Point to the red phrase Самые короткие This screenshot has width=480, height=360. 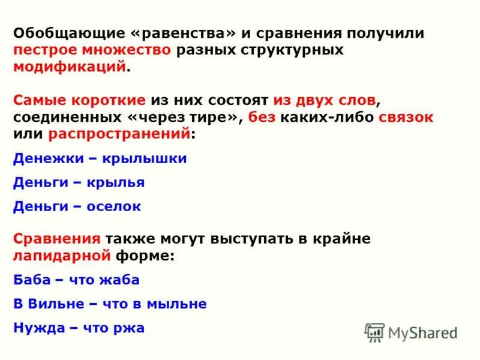[79, 100]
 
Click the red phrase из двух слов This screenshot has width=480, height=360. [325, 100]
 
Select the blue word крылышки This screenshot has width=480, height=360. [145, 158]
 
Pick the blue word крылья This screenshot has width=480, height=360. [116, 182]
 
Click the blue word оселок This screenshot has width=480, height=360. [114, 206]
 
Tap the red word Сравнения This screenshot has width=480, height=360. [56, 238]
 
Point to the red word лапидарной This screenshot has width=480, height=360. [62, 255]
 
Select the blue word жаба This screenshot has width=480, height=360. [119, 280]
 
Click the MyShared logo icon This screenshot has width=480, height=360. [375, 332]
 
